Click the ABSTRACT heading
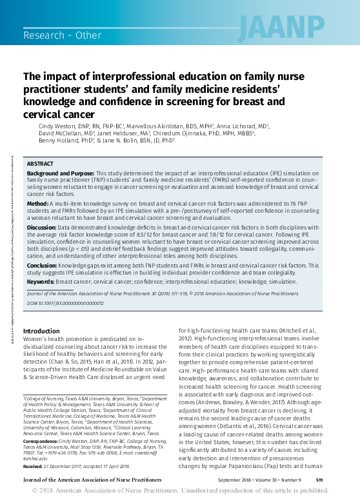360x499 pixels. point(40,164)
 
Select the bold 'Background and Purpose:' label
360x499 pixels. point(60,174)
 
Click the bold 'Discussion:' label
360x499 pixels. point(42,227)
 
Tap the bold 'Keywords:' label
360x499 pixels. point(41,281)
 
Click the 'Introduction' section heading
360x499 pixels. point(41,331)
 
